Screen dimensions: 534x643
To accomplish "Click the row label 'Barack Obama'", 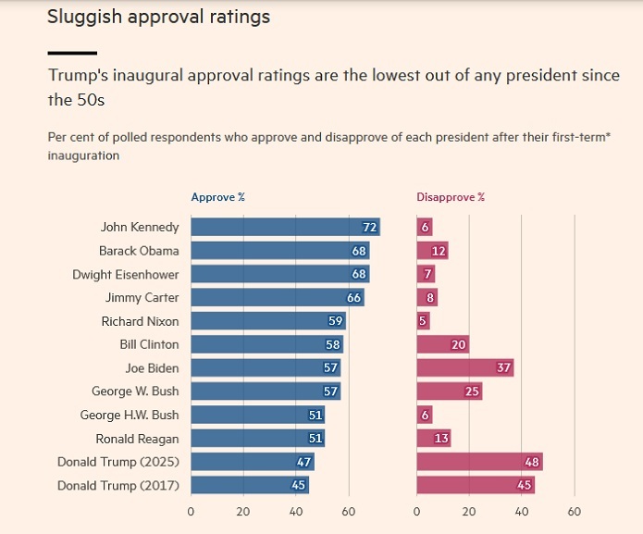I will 139,251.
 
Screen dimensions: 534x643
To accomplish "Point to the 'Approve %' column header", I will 217,197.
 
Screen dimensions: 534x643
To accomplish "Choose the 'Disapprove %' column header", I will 451,197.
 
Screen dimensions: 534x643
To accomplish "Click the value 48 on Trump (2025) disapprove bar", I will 532,462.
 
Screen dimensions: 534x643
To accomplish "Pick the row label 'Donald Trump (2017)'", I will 117,486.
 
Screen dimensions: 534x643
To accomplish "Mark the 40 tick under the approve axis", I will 296,511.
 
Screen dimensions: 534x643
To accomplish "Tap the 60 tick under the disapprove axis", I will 575,511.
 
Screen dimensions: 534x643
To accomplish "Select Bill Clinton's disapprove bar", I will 443,344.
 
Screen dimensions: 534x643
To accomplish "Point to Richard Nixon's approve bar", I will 268,321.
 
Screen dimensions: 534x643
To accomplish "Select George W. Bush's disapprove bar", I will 450,391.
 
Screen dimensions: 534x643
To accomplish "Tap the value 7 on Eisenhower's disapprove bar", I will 427,274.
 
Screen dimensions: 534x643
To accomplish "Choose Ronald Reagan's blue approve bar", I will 257,439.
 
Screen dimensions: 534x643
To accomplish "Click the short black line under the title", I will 72,53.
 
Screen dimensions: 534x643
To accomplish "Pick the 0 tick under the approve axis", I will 191,511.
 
